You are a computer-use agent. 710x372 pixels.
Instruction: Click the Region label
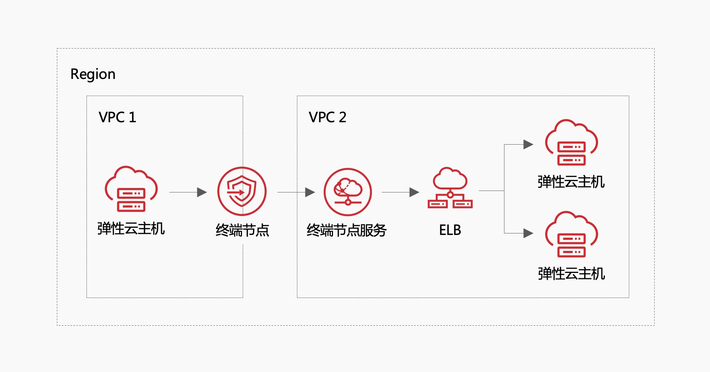pyautogui.click(x=93, y=74)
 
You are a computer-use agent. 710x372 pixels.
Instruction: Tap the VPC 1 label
pyautogui.click(x=117, y=117)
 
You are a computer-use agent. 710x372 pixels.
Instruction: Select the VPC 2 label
pyautogui.click(x=327, y=117)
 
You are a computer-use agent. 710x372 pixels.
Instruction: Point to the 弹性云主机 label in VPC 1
pyautogui.click(x=131, y=229)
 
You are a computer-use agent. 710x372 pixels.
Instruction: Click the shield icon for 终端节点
pyautogui.click(x=242, y=191)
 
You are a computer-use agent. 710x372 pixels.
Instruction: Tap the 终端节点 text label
pyautogui.click(x=242, y=230)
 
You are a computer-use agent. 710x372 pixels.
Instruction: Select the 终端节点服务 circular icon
pyautogui.click(x=348, y=192)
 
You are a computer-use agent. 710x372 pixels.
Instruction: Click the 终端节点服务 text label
pyautogui.click(x=347, y=230)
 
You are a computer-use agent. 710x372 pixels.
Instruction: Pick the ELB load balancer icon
pyautogui.click(x=450, y=188)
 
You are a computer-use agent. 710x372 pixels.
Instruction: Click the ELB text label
pyautogui.click(x=450, y=230)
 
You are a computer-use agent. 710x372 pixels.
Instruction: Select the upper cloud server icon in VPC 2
pyautogui.click(x=572, y=143)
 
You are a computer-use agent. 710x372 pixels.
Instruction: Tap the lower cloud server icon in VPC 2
pyautogui.click(x=572, y=234)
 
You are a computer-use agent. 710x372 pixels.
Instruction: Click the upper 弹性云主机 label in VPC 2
pyautogui.click(x=571, y=182)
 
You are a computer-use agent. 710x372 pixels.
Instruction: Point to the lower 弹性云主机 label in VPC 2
pyautogui.click(x=571, y=274)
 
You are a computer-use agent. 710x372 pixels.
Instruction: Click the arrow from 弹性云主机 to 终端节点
pyautogui.click(x=188, y=192)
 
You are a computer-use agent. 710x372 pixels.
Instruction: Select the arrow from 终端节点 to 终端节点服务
pyautogui.click(x=296, y=192)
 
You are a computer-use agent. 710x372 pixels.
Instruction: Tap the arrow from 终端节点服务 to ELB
pyautogui.click(x=401, y=192)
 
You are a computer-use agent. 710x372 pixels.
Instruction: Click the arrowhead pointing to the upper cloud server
pyautogui.click(x=528, y=145)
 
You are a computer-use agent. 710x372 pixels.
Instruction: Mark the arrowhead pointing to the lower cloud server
pyautogui.click(x=528, y=233)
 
